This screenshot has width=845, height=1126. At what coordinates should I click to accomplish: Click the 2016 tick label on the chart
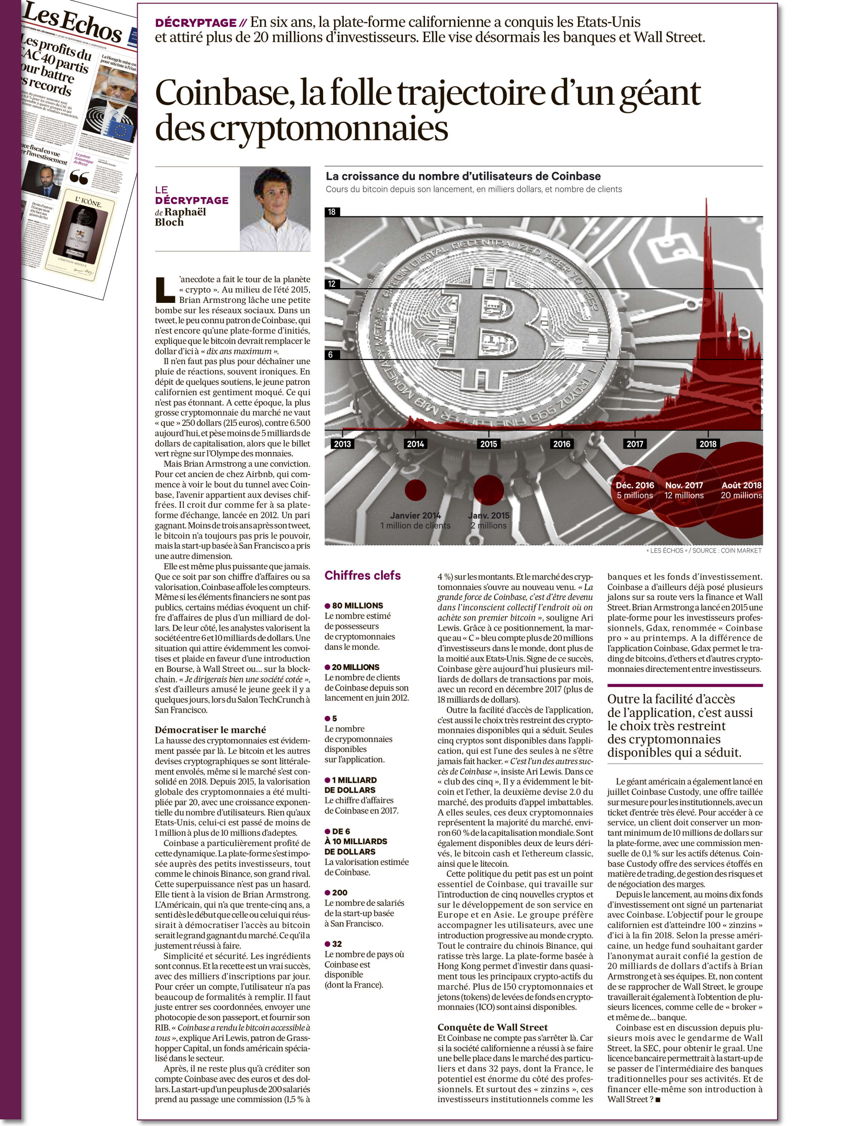[x=561, y=444]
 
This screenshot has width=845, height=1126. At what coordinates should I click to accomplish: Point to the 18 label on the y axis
[x=332, y=212]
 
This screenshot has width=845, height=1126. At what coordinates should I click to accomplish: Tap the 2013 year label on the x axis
[x=342, y=444]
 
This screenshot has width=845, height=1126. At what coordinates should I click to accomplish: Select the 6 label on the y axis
[x=330, y=355]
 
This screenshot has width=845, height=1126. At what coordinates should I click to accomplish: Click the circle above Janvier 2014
[x=415, y=490]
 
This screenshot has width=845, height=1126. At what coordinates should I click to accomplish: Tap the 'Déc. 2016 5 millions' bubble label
[x=635, y=490]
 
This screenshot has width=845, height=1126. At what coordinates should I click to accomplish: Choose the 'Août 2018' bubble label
[x=741, y=486]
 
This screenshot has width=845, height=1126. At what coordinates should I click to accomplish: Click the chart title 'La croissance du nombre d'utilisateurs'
[x=463, y=176]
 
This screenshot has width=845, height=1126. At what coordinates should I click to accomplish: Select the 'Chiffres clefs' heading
[x=363, y=575]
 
